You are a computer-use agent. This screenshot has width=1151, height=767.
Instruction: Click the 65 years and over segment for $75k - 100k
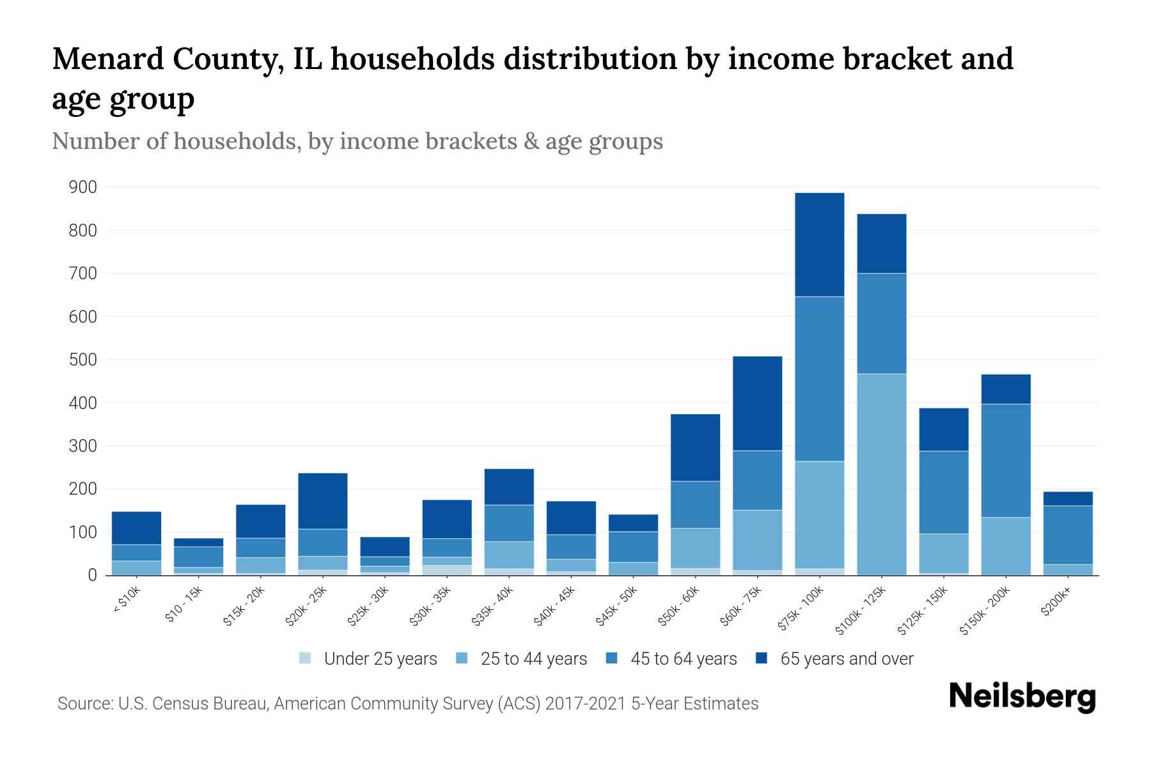click(x=819, y=244)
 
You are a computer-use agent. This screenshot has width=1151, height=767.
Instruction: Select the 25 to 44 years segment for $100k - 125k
click(x=881, y=474)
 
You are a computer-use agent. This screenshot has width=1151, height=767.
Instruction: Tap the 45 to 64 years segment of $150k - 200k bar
click(x=1005, y=460)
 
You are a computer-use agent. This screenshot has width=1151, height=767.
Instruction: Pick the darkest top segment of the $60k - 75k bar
click(x=757, y=403)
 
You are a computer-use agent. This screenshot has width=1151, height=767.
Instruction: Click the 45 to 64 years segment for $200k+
click(x=1067, y=535)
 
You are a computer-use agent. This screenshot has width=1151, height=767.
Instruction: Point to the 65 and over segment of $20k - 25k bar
click(x=322, y=500)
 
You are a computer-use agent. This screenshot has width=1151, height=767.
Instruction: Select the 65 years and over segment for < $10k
click(x=136, y=528)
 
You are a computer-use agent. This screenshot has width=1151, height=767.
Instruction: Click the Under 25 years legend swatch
click(x=306, y=658)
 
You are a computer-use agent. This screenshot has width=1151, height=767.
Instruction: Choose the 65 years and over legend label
click(x=846, y=658)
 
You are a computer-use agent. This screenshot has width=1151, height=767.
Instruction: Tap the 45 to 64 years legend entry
click(x=683, y=658)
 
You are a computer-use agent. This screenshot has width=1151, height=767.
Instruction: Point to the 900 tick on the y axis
click(x=83, y=187)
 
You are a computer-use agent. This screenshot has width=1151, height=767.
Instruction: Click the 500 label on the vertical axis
click(x=83, y=360)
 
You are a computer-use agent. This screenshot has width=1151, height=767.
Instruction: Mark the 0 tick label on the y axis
click(x=92, y=575)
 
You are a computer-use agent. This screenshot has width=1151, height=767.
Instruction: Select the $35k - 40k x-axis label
click(x=492, y=607)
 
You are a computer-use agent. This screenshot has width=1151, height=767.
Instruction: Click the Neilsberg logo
click(x=1022, y=697)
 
